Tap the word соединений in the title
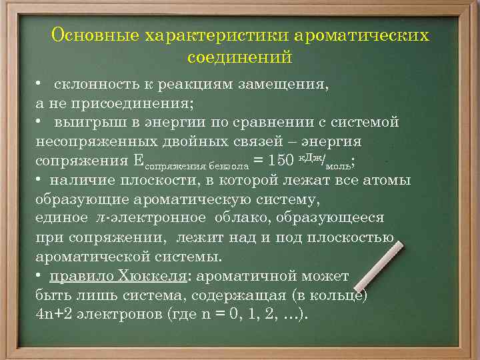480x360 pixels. pyautogui.click(x=240, y=57)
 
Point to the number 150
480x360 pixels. pyautogui.click(x=283, y=161)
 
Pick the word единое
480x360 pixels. pyautogui.click(x=61, y=218)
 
